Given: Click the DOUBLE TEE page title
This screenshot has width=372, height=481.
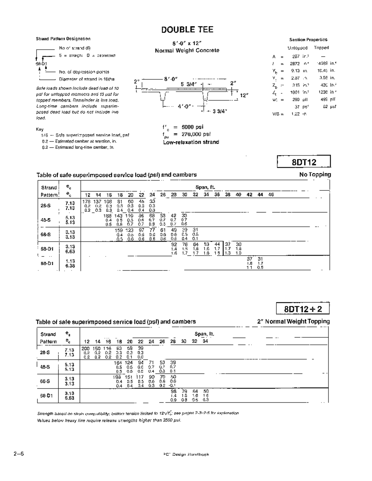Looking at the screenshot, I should click(187, 30).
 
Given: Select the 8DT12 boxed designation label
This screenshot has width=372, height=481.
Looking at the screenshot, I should click(304, 162).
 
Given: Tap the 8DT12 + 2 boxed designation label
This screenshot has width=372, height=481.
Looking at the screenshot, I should click(303, 309).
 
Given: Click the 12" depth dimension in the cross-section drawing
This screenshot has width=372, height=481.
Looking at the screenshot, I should click(244, 95).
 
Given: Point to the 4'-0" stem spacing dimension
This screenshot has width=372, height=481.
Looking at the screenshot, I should click(185, 107).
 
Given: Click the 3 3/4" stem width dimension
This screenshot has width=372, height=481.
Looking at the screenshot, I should click(219, 112).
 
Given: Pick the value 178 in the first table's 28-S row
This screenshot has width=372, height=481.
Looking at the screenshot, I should click(86, 202).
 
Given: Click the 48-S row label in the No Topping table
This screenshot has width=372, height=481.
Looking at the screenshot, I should click(46, 220).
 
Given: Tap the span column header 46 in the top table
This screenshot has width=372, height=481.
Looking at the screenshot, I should click(271, 195).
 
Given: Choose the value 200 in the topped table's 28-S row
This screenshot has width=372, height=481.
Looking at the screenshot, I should click(86, 349).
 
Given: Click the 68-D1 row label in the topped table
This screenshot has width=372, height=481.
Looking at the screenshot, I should click(46, 396).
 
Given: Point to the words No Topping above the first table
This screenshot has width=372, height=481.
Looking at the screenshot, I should click(315, 175).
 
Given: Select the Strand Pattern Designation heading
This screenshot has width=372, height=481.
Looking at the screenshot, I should click(63, 39).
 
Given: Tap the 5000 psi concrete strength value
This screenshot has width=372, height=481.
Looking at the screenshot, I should click(193, 127).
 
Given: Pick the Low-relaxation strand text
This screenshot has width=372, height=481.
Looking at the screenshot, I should click(191, 142).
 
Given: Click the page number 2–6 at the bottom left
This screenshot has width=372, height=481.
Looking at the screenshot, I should click(19, 454).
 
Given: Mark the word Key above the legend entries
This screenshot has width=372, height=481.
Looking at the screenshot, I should click(40, 129).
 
